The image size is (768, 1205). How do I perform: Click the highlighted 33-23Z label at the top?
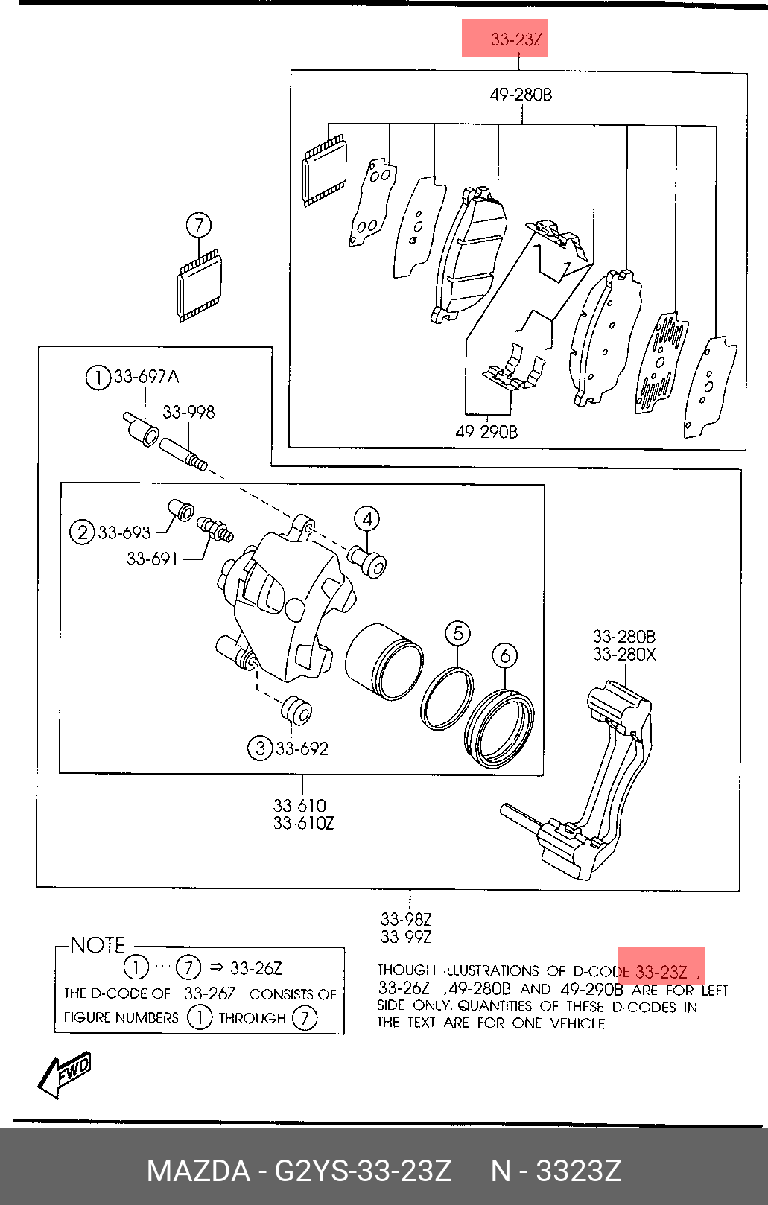pyautogui.click(x=515, y=39)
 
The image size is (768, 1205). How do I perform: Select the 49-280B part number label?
pyautogui.click(x=521, y=95)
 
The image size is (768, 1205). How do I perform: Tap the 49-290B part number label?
pyautogui.click(x=486, y=431)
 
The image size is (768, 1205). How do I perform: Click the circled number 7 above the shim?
pyautogui.click(x=199, y=225)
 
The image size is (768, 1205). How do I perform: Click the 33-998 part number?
pyautogui.click(x=188, y=412)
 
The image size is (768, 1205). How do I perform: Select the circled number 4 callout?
pyautogui.click(x=367, y=519)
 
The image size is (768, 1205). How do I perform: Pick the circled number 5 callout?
pyautogui.click(x=458, y=633)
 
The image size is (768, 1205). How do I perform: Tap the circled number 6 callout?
pyautogui.click(x=505, y=656)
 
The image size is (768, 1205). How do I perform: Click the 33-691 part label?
pyautogui.click(x=152, y=559)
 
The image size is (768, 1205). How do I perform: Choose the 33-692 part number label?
pyautogui.click(x=302, y=748)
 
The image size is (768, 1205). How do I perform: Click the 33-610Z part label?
pyautogui.click(x=303, y=823)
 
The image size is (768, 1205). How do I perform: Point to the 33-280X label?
pyautogui.click(x=624, y=654)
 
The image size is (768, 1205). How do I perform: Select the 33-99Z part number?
pyautogui.click(x=406, y=937)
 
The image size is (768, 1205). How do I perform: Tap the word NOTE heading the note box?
pyautogui.click(x=98, y=944)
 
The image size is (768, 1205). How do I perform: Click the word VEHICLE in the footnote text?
pyautogui.click(x=579, y=1023)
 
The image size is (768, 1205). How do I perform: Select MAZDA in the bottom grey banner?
pyautogui.click(x=199, y=1171)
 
